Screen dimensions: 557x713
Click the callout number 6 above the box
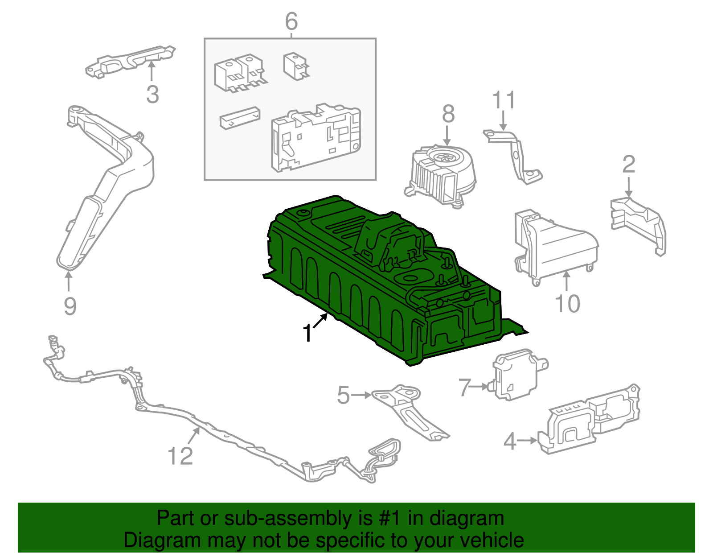pyautogui.click(x=291, y=21)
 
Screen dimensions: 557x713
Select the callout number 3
pyautogui.click(x=152, y=95)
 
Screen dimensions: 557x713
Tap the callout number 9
pyautogui.click(x=70, y=306)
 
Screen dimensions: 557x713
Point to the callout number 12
pyautogui.click(x=180, y=456)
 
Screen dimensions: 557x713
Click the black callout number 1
pyautogui.click(x=307, y=334)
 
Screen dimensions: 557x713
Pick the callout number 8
pyautogui.click(x=448, y=114)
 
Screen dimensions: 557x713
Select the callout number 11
pyautogui.click(x=504, y=100)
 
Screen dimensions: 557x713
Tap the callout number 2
pyautogui.click(x=628, y=165)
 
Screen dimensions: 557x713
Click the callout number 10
pyautogui.click(x=567, y=304)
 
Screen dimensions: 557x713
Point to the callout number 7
pyautogui.click(x=465, y=387)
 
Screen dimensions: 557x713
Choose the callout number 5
pyautogui.click(x=343, y=395)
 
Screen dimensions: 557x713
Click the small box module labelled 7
pyautogui.click(x=517, y=375)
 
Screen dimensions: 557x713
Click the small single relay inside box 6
pyautogui.click(x=295, y=66)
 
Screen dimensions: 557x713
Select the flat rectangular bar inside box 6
pyautogui.click(x=240, y=118)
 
